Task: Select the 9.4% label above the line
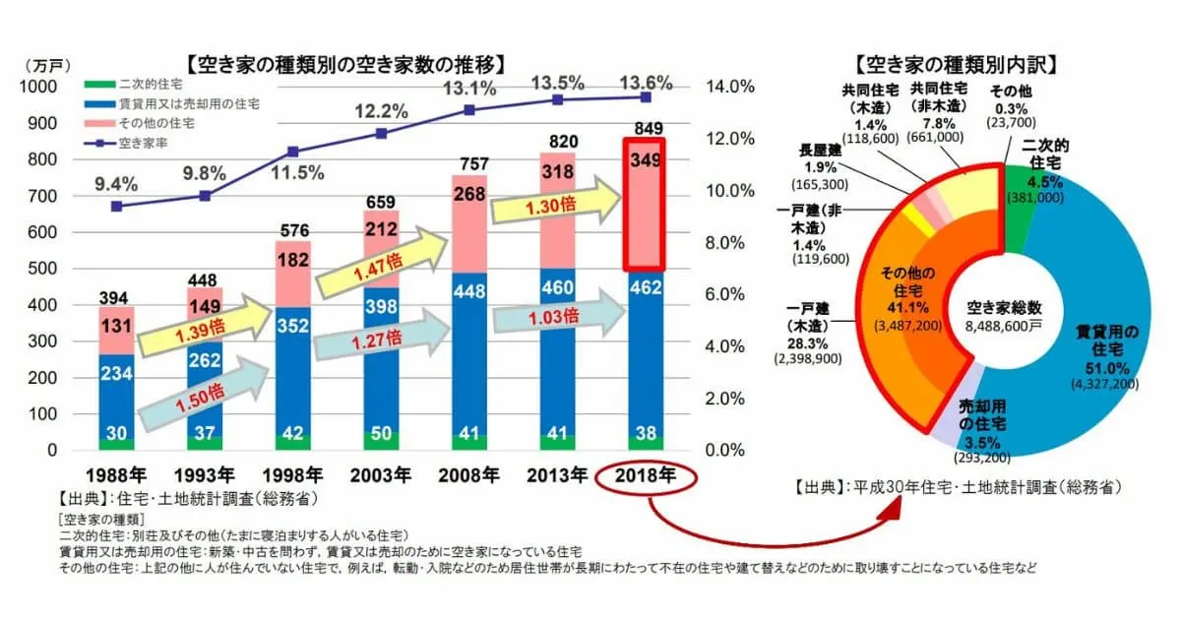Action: click(116, 182)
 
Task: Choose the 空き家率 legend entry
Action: click(128, 144)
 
